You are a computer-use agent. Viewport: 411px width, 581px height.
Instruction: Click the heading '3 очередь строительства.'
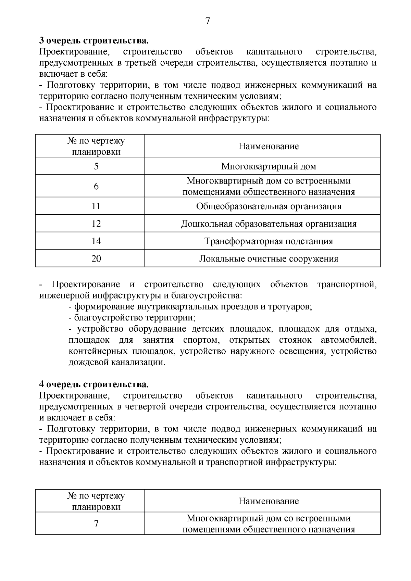click(x=94, y=41)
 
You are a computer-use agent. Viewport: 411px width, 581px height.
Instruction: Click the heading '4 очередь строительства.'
click(x=94, y=384)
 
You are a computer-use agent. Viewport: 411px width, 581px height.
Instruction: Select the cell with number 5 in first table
click(x=96, y=166)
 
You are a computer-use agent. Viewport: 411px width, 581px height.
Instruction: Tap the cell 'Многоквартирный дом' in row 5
click(x=269, y=166)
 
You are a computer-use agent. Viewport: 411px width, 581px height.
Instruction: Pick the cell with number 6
click(x=96, y=186)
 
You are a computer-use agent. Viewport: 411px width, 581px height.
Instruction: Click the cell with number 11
click(x=96, y=206)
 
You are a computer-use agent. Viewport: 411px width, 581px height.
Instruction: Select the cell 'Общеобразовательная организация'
click(x=269, y=206)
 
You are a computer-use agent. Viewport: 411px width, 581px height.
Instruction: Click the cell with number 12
click(x=96, y=224)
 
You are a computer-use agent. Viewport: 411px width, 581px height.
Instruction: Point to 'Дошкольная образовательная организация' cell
click(x=269, y=224)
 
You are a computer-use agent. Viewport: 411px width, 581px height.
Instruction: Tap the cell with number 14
click(x=96, y=241)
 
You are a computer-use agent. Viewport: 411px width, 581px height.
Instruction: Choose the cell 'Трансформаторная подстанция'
click(x=269, y=241)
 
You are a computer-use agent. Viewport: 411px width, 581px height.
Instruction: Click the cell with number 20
click(x=96, y=258)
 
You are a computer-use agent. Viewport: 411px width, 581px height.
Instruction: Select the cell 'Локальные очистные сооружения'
click(x=269, y=258)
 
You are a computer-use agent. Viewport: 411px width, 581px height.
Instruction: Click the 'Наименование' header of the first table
click(x=269, y=147)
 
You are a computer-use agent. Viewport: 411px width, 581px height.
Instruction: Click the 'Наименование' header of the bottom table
click(x=269, y=501)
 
